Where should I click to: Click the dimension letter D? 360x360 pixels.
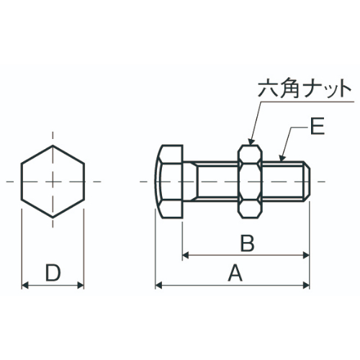pos(53,273)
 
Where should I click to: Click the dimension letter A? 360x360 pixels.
pos(234,273)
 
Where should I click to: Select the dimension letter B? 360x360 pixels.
pos(247,243)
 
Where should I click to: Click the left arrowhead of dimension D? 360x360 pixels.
pos(25,285)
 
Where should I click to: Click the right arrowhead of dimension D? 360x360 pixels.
pos(81,285)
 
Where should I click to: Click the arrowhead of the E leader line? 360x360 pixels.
pos(283,159)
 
